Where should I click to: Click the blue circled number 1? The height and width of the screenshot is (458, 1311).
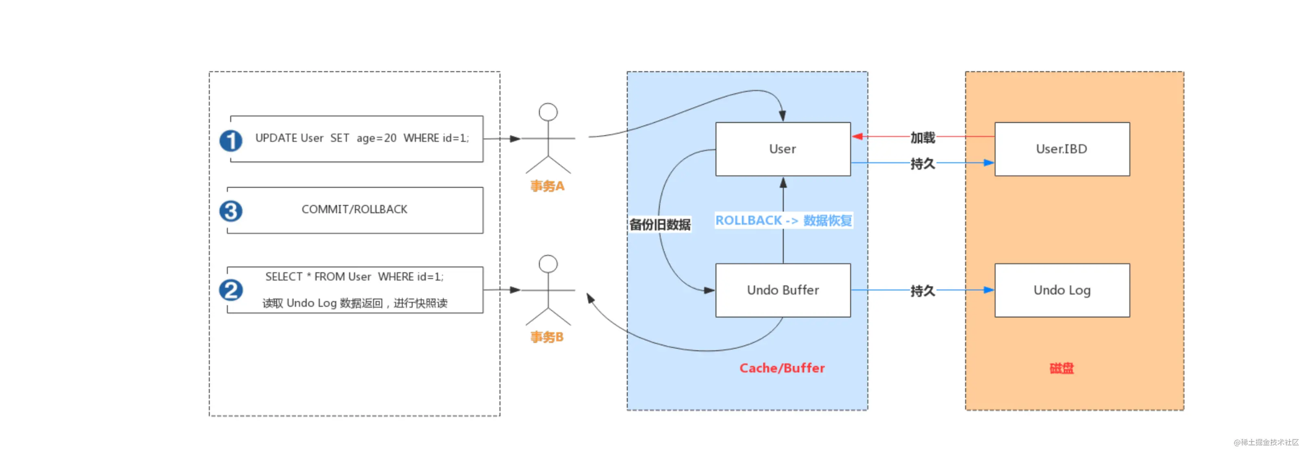tap(230, 141)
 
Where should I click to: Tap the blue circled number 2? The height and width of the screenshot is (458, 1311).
tap(230, 290)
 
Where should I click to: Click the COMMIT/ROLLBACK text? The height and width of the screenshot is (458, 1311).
tap(354, 209)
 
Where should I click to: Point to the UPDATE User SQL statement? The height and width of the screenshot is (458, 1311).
tap(362, 138)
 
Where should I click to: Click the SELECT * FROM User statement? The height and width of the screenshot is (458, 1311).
tap(354, 277)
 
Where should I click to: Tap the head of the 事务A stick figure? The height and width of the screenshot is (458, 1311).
tap(548, 112)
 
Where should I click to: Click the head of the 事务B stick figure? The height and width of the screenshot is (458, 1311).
tap(548, 264)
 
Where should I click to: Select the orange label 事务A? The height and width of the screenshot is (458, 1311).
tap(547, 186)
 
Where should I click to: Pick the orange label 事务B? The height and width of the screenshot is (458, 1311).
tap(547, 337)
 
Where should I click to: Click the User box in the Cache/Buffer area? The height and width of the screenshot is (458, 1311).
tap(783, 149)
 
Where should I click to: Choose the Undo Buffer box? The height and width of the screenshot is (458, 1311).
tap(783, 290)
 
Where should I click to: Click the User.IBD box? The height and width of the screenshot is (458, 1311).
tap(1061, 149)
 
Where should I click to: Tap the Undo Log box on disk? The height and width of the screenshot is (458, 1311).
tap(1061, 290)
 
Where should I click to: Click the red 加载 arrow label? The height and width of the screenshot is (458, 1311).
tap(922, 137)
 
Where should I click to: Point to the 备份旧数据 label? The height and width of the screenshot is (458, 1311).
tap(660, 224)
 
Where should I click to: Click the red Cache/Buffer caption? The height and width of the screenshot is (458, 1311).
tap(782, 368)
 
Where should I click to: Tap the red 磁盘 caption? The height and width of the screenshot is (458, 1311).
tap(1061, 368)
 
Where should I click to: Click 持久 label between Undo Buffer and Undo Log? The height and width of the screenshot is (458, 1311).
tap(922, 291)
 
